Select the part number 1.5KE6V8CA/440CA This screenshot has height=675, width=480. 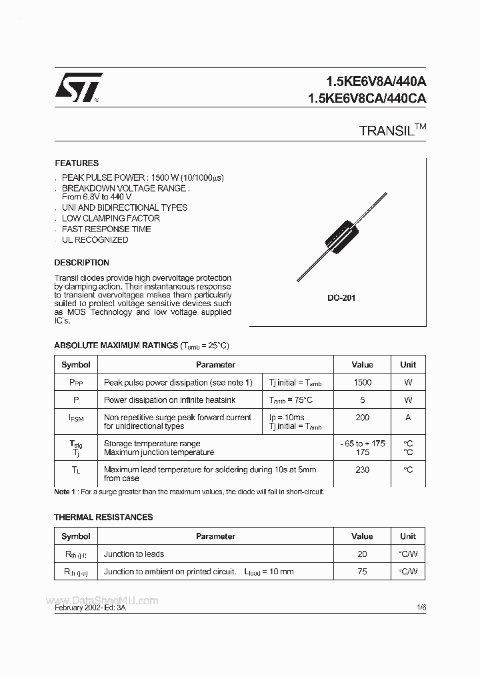pyautogui.click(x=367, y=98)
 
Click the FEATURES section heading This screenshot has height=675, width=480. pyautogui.click(x=77, y=163)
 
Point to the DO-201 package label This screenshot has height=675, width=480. pyautogui.click(x=341, y=298)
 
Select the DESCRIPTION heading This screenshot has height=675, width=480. pyautogui.click(x=81, y=263)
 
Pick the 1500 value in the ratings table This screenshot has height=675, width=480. pyautogui.click(x=362, y=382)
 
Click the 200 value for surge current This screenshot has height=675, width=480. pyautogui.click(x=362, y=418)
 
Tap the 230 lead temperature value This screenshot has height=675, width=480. pyautogui.click(x=362, y=470)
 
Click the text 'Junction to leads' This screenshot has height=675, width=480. pyautogui.click(x=134, y=554)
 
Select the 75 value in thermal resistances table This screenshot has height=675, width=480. pyautogui.click(x=362, y=571)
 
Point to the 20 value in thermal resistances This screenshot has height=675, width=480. pyautogui.click(x=362, y=554)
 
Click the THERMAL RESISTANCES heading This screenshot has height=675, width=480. pyautogui.click(x=103, y=517)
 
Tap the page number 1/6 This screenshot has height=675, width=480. pyautogui.click(x=421, y=608)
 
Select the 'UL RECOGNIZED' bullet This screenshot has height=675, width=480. pyautogui.click(x=95, y=240)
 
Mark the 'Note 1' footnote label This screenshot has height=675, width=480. pyautogui.click(x=65, y=492)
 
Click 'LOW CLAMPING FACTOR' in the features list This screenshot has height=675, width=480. pyautogui.click(x=111, y=218)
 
